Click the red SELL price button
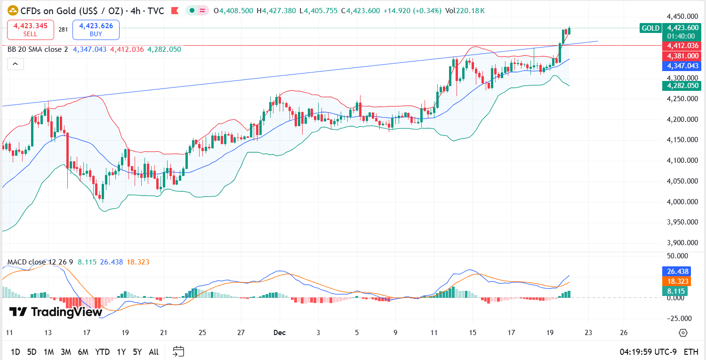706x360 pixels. point(31,30)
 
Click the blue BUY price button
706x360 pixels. point(96,30)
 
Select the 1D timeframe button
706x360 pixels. point(16,352)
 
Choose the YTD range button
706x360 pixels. point(102,352)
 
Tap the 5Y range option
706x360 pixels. point(137,352)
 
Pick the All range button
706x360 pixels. point(153,352)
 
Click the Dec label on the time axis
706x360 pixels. point(280,333)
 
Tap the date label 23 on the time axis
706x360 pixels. point(588,333)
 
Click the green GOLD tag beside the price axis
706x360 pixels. point(650,28)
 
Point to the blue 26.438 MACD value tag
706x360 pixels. point(678,272)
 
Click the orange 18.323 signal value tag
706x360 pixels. point(678,281)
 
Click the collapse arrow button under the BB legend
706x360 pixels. point(15,64)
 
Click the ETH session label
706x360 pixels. point(691,352)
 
